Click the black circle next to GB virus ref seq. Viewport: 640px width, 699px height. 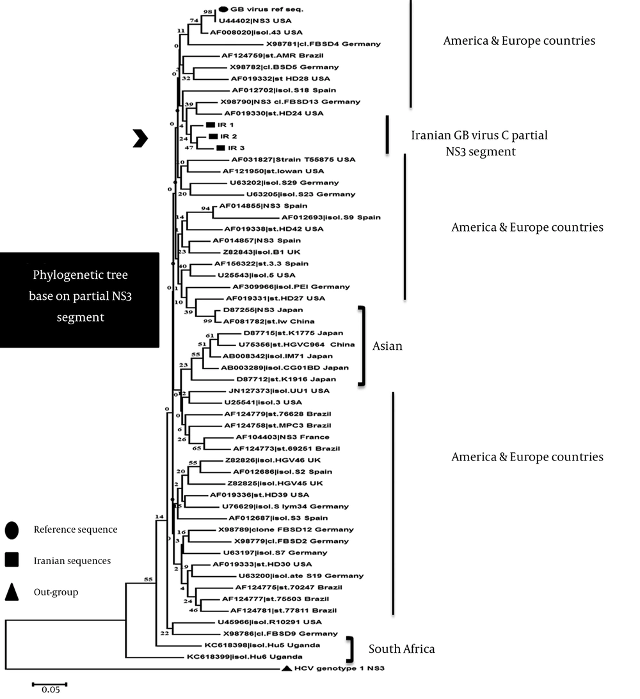(223, 10)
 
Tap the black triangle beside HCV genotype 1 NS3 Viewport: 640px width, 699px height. (287, 668)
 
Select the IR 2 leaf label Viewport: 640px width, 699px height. (228, 137)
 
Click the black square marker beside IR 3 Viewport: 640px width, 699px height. (221, 148)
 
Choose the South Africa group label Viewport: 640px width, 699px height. (401, 649)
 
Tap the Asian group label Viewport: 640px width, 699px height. (387, 345)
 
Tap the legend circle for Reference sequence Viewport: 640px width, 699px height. (12, 530)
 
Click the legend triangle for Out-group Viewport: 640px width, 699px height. (12, 592)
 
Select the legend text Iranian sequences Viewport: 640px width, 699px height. (72, 561)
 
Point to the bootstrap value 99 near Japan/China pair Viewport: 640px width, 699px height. (208, 321)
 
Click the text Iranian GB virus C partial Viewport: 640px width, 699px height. (479, 136)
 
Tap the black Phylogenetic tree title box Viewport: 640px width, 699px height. (79, 299)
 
